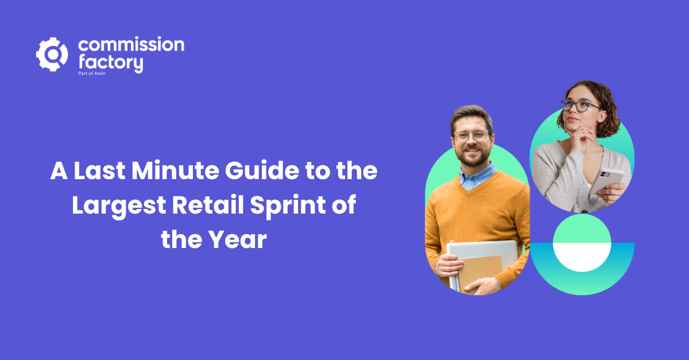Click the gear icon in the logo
point(52,55)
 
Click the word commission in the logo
point(131,44)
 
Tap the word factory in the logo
point(111,63)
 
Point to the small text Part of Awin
point(92,73)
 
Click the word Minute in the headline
point(175,171)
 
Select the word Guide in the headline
point(262,171)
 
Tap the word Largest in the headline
point(119,206)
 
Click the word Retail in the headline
point(208,204)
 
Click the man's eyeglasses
point(471,136)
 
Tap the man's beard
point(473,157)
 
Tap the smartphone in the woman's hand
point(606,181)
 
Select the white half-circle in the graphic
point(582,257)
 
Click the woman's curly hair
point(598,106)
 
